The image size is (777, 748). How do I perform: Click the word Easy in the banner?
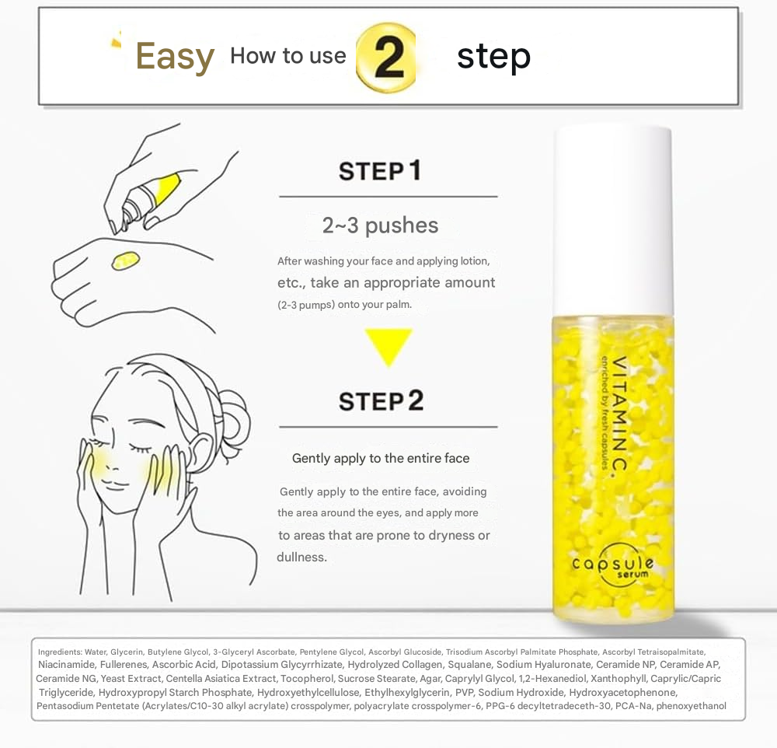(x=175, y=57)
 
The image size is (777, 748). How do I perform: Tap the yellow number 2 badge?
(x=386, y=58)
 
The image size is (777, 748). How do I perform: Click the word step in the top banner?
(x=493, y=56)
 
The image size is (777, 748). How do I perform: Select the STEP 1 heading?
(x=381, y=170)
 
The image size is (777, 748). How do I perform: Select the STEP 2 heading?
(x=381, y=401)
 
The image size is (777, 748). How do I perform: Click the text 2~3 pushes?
(x=380, y=225)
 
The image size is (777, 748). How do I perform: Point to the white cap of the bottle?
(x=613, y=218)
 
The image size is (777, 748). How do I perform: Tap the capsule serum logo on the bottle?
(x=613, y=565)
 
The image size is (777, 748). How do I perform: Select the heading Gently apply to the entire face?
(x=381, y=458)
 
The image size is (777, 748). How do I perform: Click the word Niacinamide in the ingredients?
(x=66, y=665)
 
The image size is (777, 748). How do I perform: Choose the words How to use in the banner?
(x=288, y=56)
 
